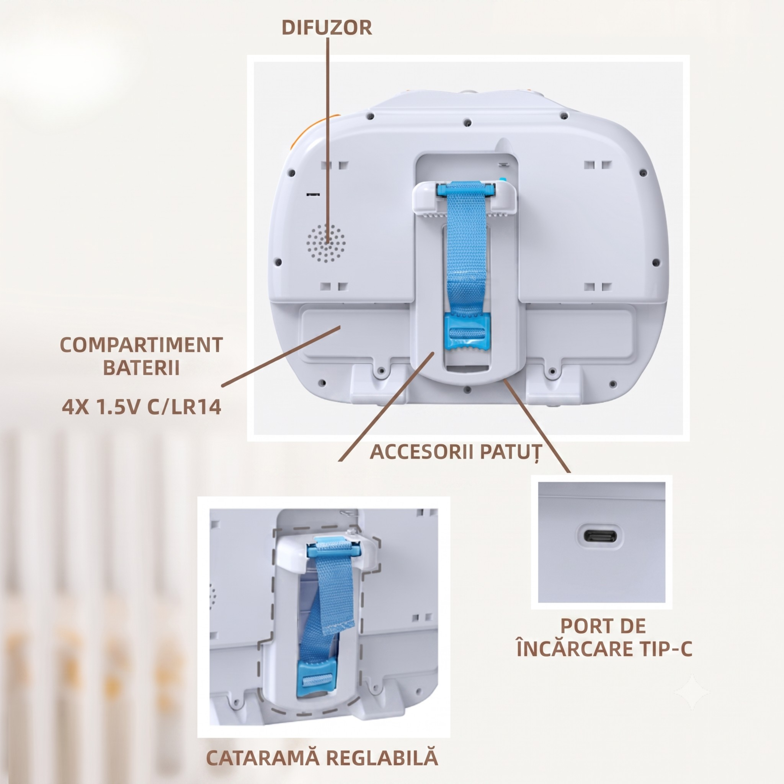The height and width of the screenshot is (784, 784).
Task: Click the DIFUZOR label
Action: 327,28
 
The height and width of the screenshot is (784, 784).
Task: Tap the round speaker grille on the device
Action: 326,243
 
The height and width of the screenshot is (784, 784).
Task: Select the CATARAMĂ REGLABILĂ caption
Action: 322,758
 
